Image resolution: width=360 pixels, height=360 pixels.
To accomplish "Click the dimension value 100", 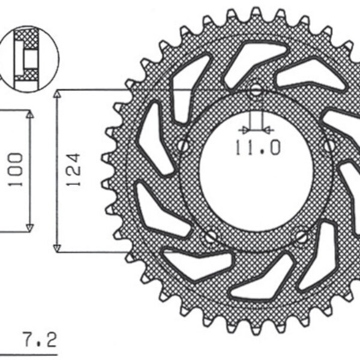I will pos(16,170).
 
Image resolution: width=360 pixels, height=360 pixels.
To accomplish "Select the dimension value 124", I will pos(74,170).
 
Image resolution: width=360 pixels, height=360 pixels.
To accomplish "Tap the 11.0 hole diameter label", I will pos(257,147).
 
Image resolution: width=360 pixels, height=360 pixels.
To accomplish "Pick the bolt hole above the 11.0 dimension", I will pos(257,92).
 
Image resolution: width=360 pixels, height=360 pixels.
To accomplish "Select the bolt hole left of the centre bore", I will pos(184,145).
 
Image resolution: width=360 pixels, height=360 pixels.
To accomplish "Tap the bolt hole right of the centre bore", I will pos(328,145).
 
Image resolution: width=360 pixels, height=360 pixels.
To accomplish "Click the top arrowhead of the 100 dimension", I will pos(29,115).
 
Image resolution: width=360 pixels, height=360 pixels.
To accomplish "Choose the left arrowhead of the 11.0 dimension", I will pos(242,128).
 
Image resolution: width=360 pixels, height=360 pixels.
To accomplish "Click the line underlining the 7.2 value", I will pos(30,344).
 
